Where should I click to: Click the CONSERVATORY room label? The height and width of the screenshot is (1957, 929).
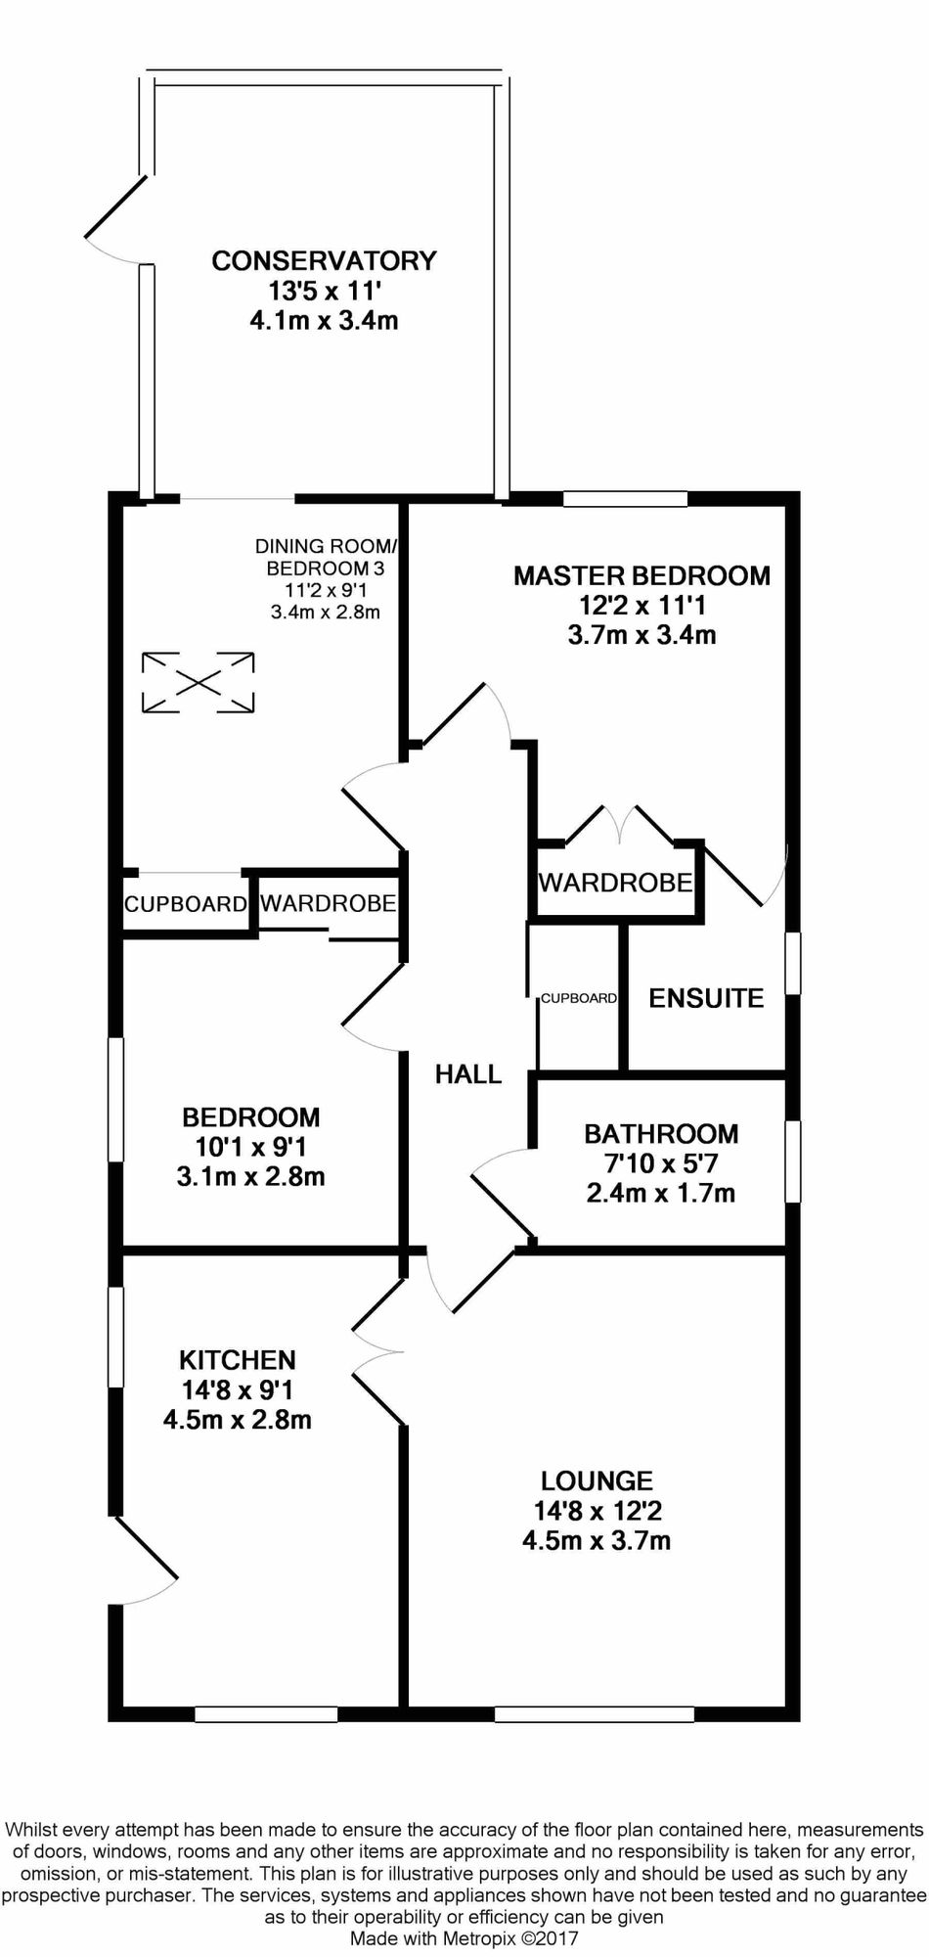[x=324, y=260]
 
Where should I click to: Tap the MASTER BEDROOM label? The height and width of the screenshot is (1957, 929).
[x=641, y=575]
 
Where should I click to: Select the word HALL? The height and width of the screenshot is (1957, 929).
[x=468, y=1074]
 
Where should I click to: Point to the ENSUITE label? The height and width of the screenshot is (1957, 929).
[x=706, y=998]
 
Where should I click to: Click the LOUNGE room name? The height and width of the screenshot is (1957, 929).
[x=597, y=1481]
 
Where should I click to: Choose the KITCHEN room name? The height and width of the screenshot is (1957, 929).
[x=237, y=1359]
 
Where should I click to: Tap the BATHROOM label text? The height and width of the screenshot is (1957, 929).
[x=661, y=1134]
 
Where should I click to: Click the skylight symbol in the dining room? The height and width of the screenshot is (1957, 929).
[x=199, y=682]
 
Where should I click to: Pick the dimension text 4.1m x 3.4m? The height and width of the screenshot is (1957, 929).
[x=324, y=320]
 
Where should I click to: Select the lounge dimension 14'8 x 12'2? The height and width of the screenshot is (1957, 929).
[x=597, y=1512]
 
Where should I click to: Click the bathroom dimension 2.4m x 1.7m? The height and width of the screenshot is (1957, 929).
[x=661, y=1193]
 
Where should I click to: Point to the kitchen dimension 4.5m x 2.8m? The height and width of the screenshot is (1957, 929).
[x=237, y=1419]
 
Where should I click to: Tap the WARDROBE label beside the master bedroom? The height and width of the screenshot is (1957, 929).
[x=616, y=883]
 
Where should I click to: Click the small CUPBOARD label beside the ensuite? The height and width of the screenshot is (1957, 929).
[x=579, y=999]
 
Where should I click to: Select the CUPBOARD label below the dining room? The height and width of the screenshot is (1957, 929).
[x=185, y=904]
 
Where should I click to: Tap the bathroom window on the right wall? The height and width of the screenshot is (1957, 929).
[x=793, y=1161]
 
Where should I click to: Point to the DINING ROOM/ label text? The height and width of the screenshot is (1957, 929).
[x=328, y=546]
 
